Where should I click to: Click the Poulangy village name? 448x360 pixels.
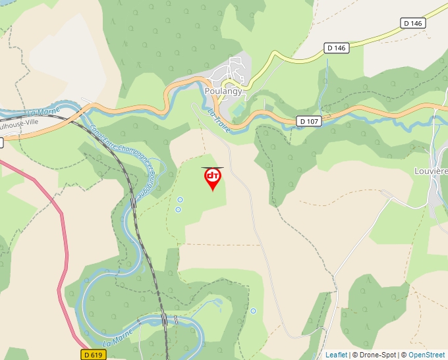coord(223,91)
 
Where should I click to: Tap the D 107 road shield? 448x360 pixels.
coord(308,121)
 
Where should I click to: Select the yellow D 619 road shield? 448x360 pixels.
coord(94,354)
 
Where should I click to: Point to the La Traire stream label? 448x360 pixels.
coord(219,121)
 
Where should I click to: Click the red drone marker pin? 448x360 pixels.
coord(212,179)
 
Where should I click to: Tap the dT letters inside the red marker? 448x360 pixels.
coord(212,175)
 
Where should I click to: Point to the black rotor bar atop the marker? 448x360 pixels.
coord(212,168)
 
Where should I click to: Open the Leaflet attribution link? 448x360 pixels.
coord(336,355)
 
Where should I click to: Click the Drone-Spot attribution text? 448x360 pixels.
coord(376,355)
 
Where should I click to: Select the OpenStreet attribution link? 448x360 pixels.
coord(427,355)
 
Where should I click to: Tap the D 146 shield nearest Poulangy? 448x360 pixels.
coord(335,48)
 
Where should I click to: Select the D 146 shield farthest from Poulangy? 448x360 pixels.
coord(412,23)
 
